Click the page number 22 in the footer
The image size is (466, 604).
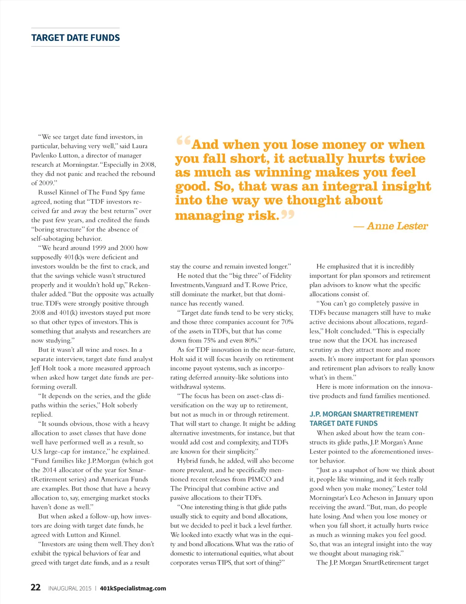coord(35,587)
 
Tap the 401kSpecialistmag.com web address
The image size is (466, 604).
coord(133,588)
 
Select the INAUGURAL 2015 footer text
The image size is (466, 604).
coord(70,588)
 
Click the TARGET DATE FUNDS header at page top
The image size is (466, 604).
coord(76,38)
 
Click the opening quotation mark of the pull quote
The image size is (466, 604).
coord(183,141)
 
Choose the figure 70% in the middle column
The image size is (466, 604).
coord(287,322)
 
